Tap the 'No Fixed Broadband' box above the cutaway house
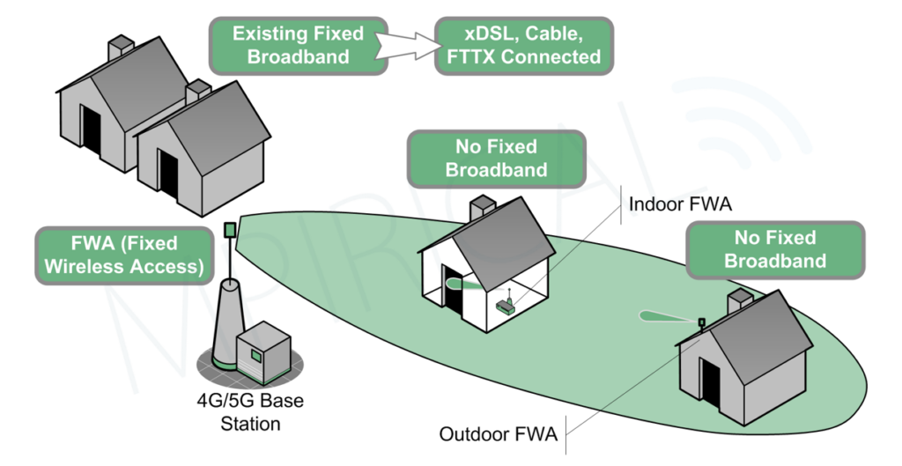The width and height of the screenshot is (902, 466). point(496,158)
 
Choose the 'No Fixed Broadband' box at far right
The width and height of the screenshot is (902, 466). point(775,248)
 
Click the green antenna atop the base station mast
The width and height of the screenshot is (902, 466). point(230,229)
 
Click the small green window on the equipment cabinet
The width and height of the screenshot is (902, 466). point(256,355)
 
